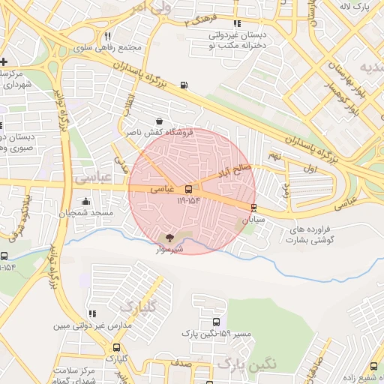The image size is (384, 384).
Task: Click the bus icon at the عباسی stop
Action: pyautogui.click(x=188, y=189)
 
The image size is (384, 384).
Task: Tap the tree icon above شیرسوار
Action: pyautogui.click(x=167, y=237)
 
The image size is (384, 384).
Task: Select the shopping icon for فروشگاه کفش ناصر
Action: pyautogui.click(x=159, y=121)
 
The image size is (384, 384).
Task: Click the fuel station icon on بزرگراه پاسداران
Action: pyautogui.click(x=184, y=85)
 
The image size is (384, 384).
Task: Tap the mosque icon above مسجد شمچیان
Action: pyautogui.click(x=85, y=201)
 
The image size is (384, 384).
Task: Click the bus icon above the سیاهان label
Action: pyautogui.click(x=253, y=207)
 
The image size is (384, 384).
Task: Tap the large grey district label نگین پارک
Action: pyautogui.click(x=247, y=363)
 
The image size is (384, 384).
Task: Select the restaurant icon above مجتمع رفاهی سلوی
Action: pyautogui.click(x=108, y=36)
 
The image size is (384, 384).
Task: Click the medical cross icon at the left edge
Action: pyautogui.click(x=4, y=61)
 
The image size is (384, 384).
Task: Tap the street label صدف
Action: pyautogui.click(x=181, y=362)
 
